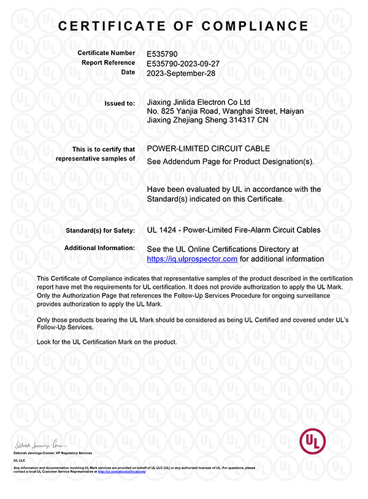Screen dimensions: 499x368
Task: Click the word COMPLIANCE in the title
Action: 257,26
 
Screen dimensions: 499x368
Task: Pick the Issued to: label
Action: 121,103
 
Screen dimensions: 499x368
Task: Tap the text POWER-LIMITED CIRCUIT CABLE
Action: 209,149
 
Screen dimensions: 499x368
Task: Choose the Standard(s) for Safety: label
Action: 100,230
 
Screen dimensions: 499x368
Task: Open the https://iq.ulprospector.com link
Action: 192,259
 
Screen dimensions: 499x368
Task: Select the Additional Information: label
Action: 99,248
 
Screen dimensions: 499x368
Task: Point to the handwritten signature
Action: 39,443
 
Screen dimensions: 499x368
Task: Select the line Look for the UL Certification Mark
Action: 107,341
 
